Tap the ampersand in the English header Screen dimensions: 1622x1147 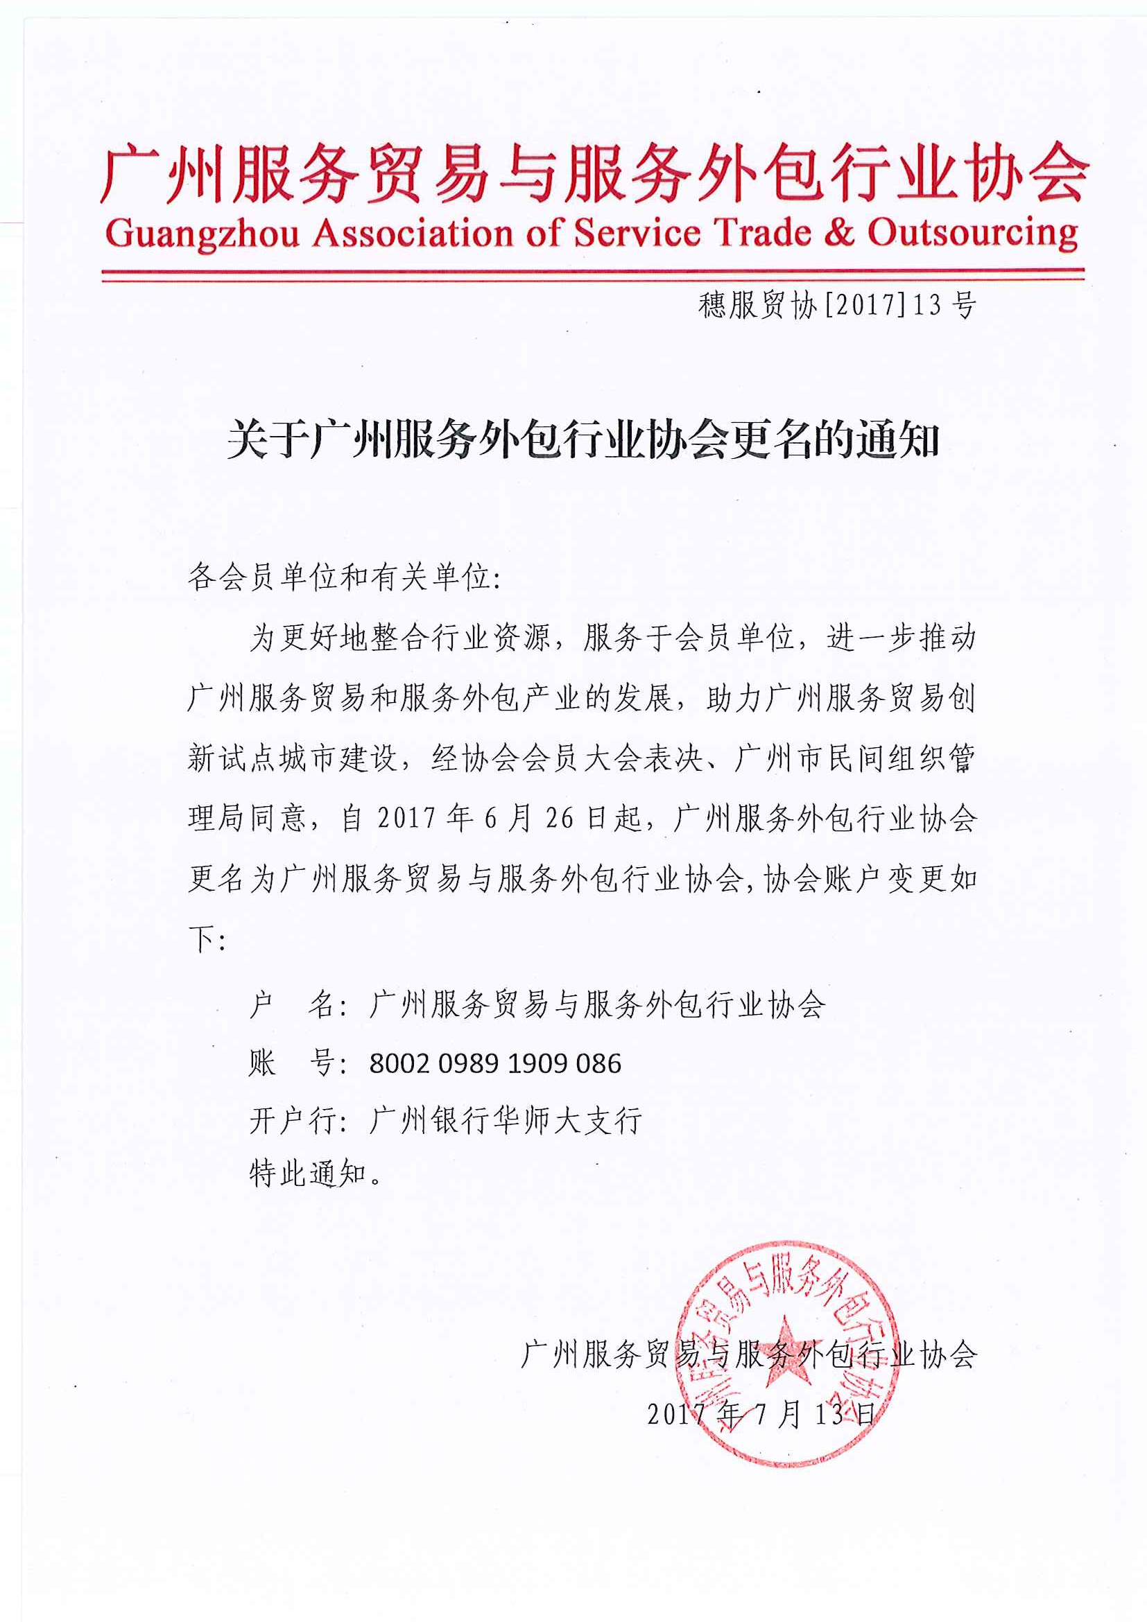(839, 232)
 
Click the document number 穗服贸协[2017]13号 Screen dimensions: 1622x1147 (838, 305)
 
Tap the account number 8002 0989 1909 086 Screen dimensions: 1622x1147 (494, 1063)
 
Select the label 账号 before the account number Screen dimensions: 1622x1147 (291, 1063)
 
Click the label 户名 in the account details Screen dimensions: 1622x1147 (291, 1004)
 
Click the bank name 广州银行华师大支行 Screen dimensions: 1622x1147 (506, 1121)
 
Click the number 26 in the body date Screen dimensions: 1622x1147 (559, 818)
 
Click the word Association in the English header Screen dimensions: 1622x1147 (413, 233)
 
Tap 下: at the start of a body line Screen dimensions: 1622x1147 (206, 939)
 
